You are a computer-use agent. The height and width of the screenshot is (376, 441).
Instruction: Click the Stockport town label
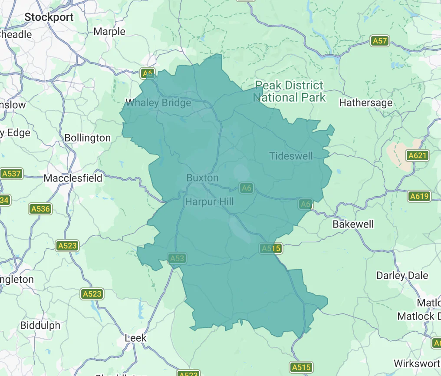[49, 17]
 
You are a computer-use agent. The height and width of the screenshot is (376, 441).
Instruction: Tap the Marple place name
[109, 31]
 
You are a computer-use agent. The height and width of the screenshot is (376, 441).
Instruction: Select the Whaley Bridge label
[158, 103]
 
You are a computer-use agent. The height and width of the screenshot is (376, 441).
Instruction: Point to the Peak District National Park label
[289, 92]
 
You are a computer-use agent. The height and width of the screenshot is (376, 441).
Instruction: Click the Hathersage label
[365, 103]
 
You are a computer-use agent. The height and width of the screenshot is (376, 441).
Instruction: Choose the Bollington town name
[87, 138]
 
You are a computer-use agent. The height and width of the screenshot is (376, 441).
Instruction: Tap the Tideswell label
[291, 156]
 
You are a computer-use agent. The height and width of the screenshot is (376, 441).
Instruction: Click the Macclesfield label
[73, 178]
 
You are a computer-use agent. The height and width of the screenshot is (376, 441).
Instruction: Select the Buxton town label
[202, 178]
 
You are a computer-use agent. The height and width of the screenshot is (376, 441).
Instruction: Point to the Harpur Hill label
[209, 201]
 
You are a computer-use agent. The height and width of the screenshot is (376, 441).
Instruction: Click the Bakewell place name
[353, 224]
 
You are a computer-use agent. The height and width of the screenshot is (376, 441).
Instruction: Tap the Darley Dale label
[402, 276]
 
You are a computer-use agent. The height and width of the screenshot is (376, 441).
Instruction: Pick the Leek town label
[135, 338]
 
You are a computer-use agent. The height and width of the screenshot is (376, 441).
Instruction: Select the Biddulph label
[40, 325]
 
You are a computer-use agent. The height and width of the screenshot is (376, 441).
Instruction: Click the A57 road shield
[380, 41]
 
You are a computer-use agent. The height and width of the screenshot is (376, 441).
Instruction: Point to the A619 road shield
[419, 196]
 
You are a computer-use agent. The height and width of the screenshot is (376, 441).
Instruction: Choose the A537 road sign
[11, 174]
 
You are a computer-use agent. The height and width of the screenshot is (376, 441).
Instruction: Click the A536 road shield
[40, 209]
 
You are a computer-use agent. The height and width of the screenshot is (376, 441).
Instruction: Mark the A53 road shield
[177, 258]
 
